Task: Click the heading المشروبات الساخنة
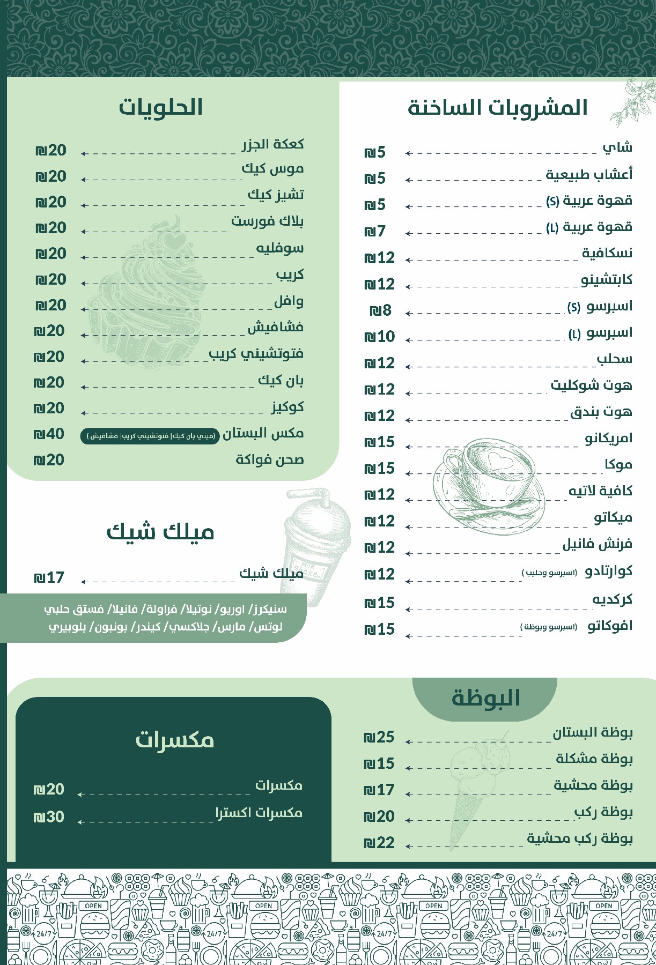point(498,108)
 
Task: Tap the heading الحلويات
point(160,107)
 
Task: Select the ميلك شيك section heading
point(160,532)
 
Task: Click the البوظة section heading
point(485,698)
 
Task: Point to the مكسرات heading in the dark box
point(174,740)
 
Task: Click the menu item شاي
point(617,147)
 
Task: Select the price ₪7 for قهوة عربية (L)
point(375,232)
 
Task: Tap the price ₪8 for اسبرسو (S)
point(380,310)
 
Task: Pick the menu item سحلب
point(614,359)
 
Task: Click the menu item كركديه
point(612,599)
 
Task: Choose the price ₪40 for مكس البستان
point(49,434)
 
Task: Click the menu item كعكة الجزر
point(272,144)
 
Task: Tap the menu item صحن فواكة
point(269,460)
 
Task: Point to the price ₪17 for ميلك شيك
point(49,578)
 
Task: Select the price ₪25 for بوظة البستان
point(379,737)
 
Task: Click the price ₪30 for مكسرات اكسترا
point(49,817)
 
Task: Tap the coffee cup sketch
point(488,482)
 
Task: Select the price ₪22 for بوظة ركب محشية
point(379,843)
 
